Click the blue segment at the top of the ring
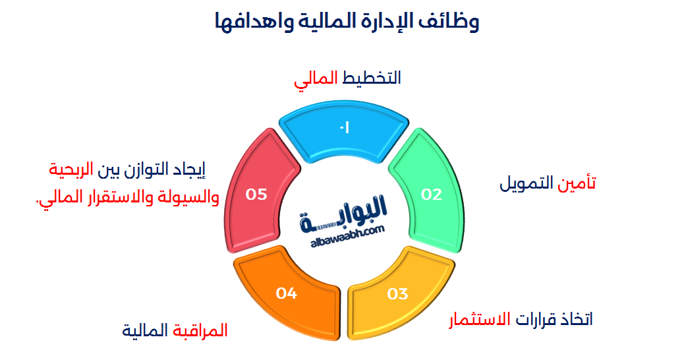[x=344, y=135]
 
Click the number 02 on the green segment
[x=432, y=195]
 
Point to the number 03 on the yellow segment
[x=398, y=293]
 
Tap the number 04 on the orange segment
[x=287, y=293]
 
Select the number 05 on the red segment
[x=256, y=195]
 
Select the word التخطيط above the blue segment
[x=372, y=78]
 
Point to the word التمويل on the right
[x=527, y=183]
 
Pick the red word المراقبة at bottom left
[x=200, y=330]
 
